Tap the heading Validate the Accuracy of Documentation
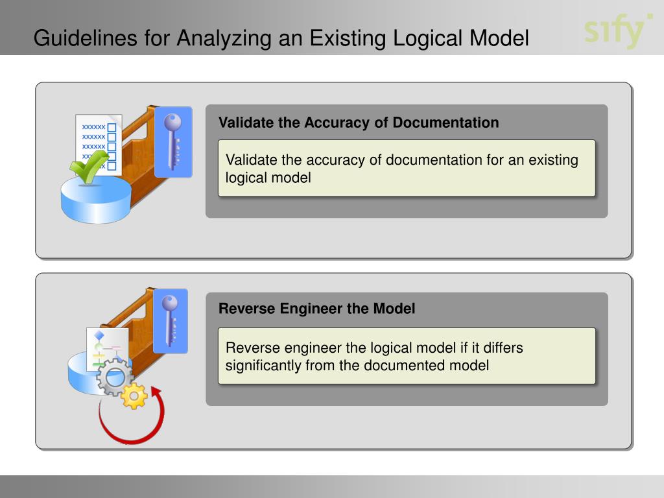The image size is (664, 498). click(x=359, y=123)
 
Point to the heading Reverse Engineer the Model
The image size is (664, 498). click(x=316, y=309)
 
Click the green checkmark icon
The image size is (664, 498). click(x=87, y=167)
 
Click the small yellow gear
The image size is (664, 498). click(x=134, y=396)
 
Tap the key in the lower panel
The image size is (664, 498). click(x=170, y=321)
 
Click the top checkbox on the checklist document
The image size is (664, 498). click(x=112, y=127)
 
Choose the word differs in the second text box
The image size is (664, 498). click(x=501, y=348)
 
